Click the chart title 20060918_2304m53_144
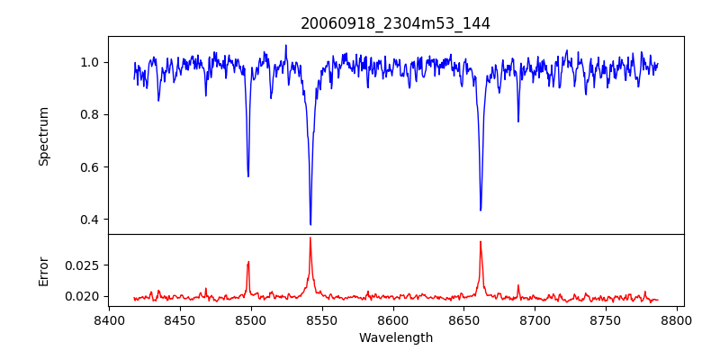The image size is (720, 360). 396,24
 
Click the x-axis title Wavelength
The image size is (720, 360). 396,337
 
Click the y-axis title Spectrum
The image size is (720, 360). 43,136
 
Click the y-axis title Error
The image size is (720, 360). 43,270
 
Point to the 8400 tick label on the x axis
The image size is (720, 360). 109,319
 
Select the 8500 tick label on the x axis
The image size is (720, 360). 251,319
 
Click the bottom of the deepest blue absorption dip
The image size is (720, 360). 310,224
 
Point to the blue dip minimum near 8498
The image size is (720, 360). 248,175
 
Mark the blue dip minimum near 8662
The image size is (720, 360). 481,210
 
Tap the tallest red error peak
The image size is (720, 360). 310,238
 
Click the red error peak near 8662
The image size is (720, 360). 481,242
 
